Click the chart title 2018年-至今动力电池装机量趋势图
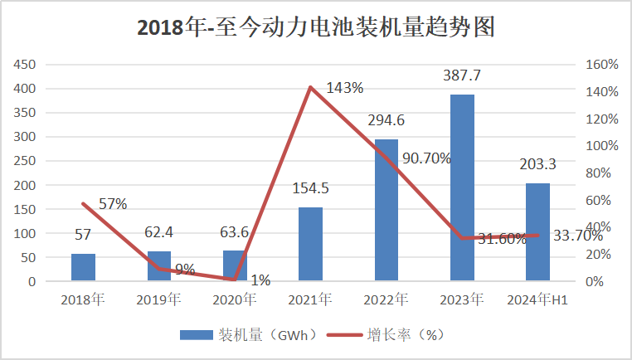[x=315, y=27]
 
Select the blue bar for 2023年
[x=462, y=188]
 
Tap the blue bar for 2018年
[x=83, y=267]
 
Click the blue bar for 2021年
[x=310, y=244]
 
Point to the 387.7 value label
[x=462, y=76]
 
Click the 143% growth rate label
[x=344, y=87]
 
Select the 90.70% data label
[x=426, y=158]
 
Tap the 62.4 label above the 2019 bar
[x=158, y=233]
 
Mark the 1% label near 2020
[x=260, y=280]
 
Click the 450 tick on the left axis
[x=26, y=65]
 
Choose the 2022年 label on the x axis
[x=386, y=299]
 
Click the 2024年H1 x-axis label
[x=537, y=299]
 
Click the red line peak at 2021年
[x=310, y=87]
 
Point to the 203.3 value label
[x=537, y=164]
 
